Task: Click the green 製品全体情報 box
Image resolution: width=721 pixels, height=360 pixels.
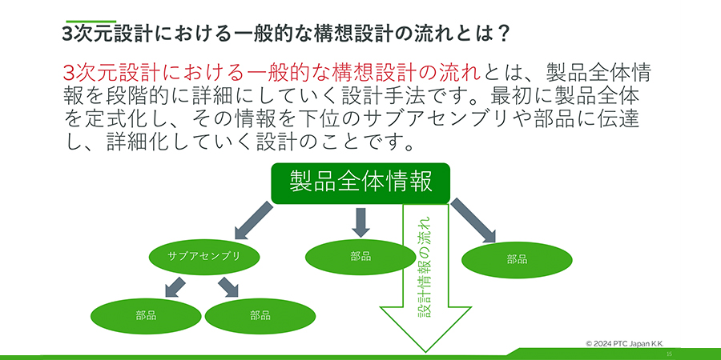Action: coord(361,182)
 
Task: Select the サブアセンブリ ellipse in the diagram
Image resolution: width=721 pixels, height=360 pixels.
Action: coord(203,256)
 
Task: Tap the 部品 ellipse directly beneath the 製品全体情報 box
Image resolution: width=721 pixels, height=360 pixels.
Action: coord(360,256)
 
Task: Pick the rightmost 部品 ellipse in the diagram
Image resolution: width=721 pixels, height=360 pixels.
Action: coord(517,259)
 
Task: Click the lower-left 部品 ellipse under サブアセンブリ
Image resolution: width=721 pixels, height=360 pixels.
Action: coord(146,315)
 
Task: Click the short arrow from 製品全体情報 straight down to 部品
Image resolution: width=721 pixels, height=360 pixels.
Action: coord(360,222)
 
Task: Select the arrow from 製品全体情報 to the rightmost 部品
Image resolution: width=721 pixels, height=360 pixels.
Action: coord(473,221)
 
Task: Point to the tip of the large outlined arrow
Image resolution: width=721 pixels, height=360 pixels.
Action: coord(425,349)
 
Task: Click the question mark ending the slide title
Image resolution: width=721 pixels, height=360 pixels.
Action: coord(504,34)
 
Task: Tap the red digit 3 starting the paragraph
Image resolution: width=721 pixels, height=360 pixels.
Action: coord(68,71)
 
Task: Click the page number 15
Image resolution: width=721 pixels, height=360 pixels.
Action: coord(668,353)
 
